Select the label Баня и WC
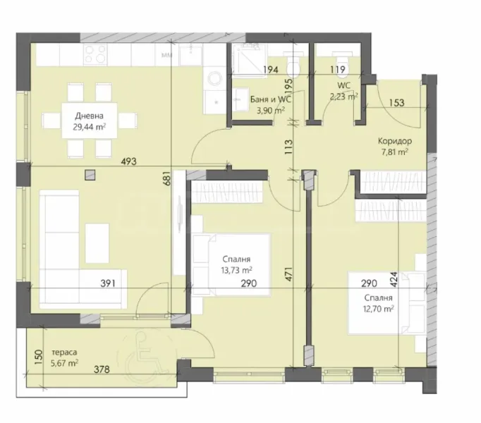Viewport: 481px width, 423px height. tap(271, 99)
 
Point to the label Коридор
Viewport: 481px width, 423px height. tap(394, 140)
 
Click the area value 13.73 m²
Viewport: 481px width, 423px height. tap(236, 270)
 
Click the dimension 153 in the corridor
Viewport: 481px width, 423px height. tap(395, 103)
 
